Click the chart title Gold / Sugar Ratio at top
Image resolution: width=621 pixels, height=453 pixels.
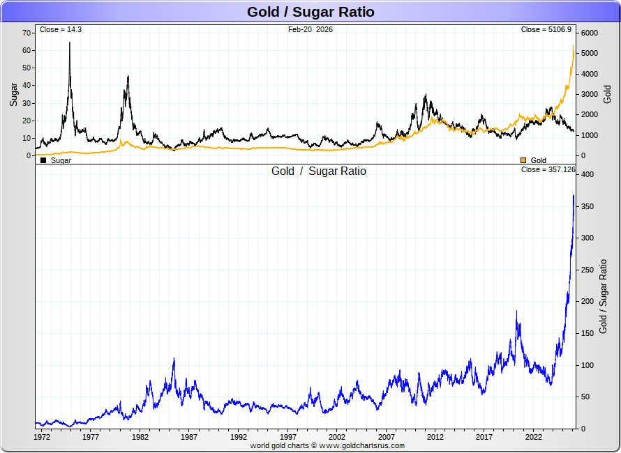pyautogui.click(x=310, y=12)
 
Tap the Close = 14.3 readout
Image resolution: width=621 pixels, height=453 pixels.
pyautogui.click(x=61, y=30)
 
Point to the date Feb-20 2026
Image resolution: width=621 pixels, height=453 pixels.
pyautogui.click(x=310, y=30)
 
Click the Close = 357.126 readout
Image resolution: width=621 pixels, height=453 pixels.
pyautogui.click(x=548, y=169)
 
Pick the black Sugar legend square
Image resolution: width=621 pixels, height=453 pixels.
pyautogui.click(x=43, y=160)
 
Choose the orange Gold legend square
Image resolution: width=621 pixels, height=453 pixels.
pyautogui.click(x=523, y=160)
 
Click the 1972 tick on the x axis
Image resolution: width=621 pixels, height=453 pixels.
pyautogui.click(x=41, y=437)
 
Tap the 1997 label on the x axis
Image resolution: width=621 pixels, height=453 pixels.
pyautogui.click(x=287, y=437)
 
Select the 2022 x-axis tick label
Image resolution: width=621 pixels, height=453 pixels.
pyautogui.click(x=534, y=437)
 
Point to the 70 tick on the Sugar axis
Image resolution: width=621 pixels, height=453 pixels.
pyautogui.click(x=27, y=33)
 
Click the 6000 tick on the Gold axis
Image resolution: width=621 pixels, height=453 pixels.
pyautogui.click(x=590, y=33)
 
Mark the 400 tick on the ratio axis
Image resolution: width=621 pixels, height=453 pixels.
pyautogui.click(x=588, y=174)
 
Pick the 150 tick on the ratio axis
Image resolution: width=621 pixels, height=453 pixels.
pyautogui.click(x=588, y=333)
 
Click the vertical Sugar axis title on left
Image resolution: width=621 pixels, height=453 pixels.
pyautogui.click(x=13, y=94)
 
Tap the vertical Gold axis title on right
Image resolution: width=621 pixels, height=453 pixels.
pyautogui.click(x=607, y=94)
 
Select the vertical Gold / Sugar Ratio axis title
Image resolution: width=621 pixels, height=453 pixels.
pyautogui.click(x=604, y=296)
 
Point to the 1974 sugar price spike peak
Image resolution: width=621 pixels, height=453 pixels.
pyautogui.click(x=70, y=43)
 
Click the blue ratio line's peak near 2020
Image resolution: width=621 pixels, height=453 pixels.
pyautogui.click(x=517, y=311)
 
